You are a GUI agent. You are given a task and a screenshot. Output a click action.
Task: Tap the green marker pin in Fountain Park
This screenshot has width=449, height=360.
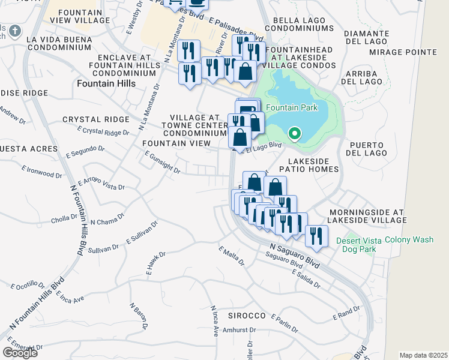pyautogui.click(x=294, y=133)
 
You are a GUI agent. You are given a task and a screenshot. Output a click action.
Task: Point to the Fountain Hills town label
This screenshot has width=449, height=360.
pyautogui.click(x=106, y=84)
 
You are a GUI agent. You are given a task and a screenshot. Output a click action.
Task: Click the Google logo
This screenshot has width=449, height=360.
pyautogui.click(x=20, y=352)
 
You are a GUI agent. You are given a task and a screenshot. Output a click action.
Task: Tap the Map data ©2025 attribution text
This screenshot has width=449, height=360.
pyautogui.click(x=424, y=355)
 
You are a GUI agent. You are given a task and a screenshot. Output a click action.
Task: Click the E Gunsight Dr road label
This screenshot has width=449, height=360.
pyautogui.click(x=162, y=161)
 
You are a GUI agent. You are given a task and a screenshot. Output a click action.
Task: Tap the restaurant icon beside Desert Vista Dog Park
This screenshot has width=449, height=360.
pyautogui.click(x=316, y=236)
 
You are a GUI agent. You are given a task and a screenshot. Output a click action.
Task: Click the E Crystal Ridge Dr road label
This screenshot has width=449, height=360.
pyautogui.click(x=103, y=131)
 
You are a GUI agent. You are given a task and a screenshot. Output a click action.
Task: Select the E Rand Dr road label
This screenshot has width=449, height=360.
pyautogui.click(x=347, y=313)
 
